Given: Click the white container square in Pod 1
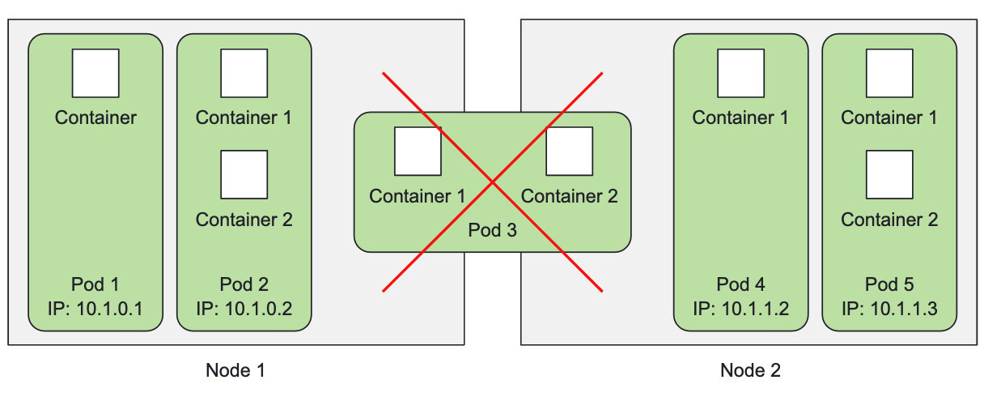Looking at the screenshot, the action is tap(95, 73).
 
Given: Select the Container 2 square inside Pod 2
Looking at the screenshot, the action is tap(244, 174).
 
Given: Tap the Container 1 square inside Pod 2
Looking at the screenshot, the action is tap(244, 73).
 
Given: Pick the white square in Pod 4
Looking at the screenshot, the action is tap(740, 73).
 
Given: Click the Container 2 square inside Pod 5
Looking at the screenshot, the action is tap(889, 174).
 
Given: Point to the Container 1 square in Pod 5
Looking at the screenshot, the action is tap(889, 73).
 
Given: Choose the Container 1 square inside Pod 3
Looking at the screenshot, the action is tap(418, 152).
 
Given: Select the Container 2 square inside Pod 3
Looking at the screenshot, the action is tap(570, 152).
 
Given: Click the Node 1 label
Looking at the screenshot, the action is tap(235, 370).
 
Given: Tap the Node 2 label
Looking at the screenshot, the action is tap(750, 370).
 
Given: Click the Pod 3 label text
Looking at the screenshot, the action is tap(493, 230).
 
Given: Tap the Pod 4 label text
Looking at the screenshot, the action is tap(740, 284).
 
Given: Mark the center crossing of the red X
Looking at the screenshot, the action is tap(493, 182).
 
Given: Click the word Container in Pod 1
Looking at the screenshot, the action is tap(95, 117).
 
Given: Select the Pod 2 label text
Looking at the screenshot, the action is tap(244, 284).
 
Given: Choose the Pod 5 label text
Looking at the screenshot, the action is tap(889, 284).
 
